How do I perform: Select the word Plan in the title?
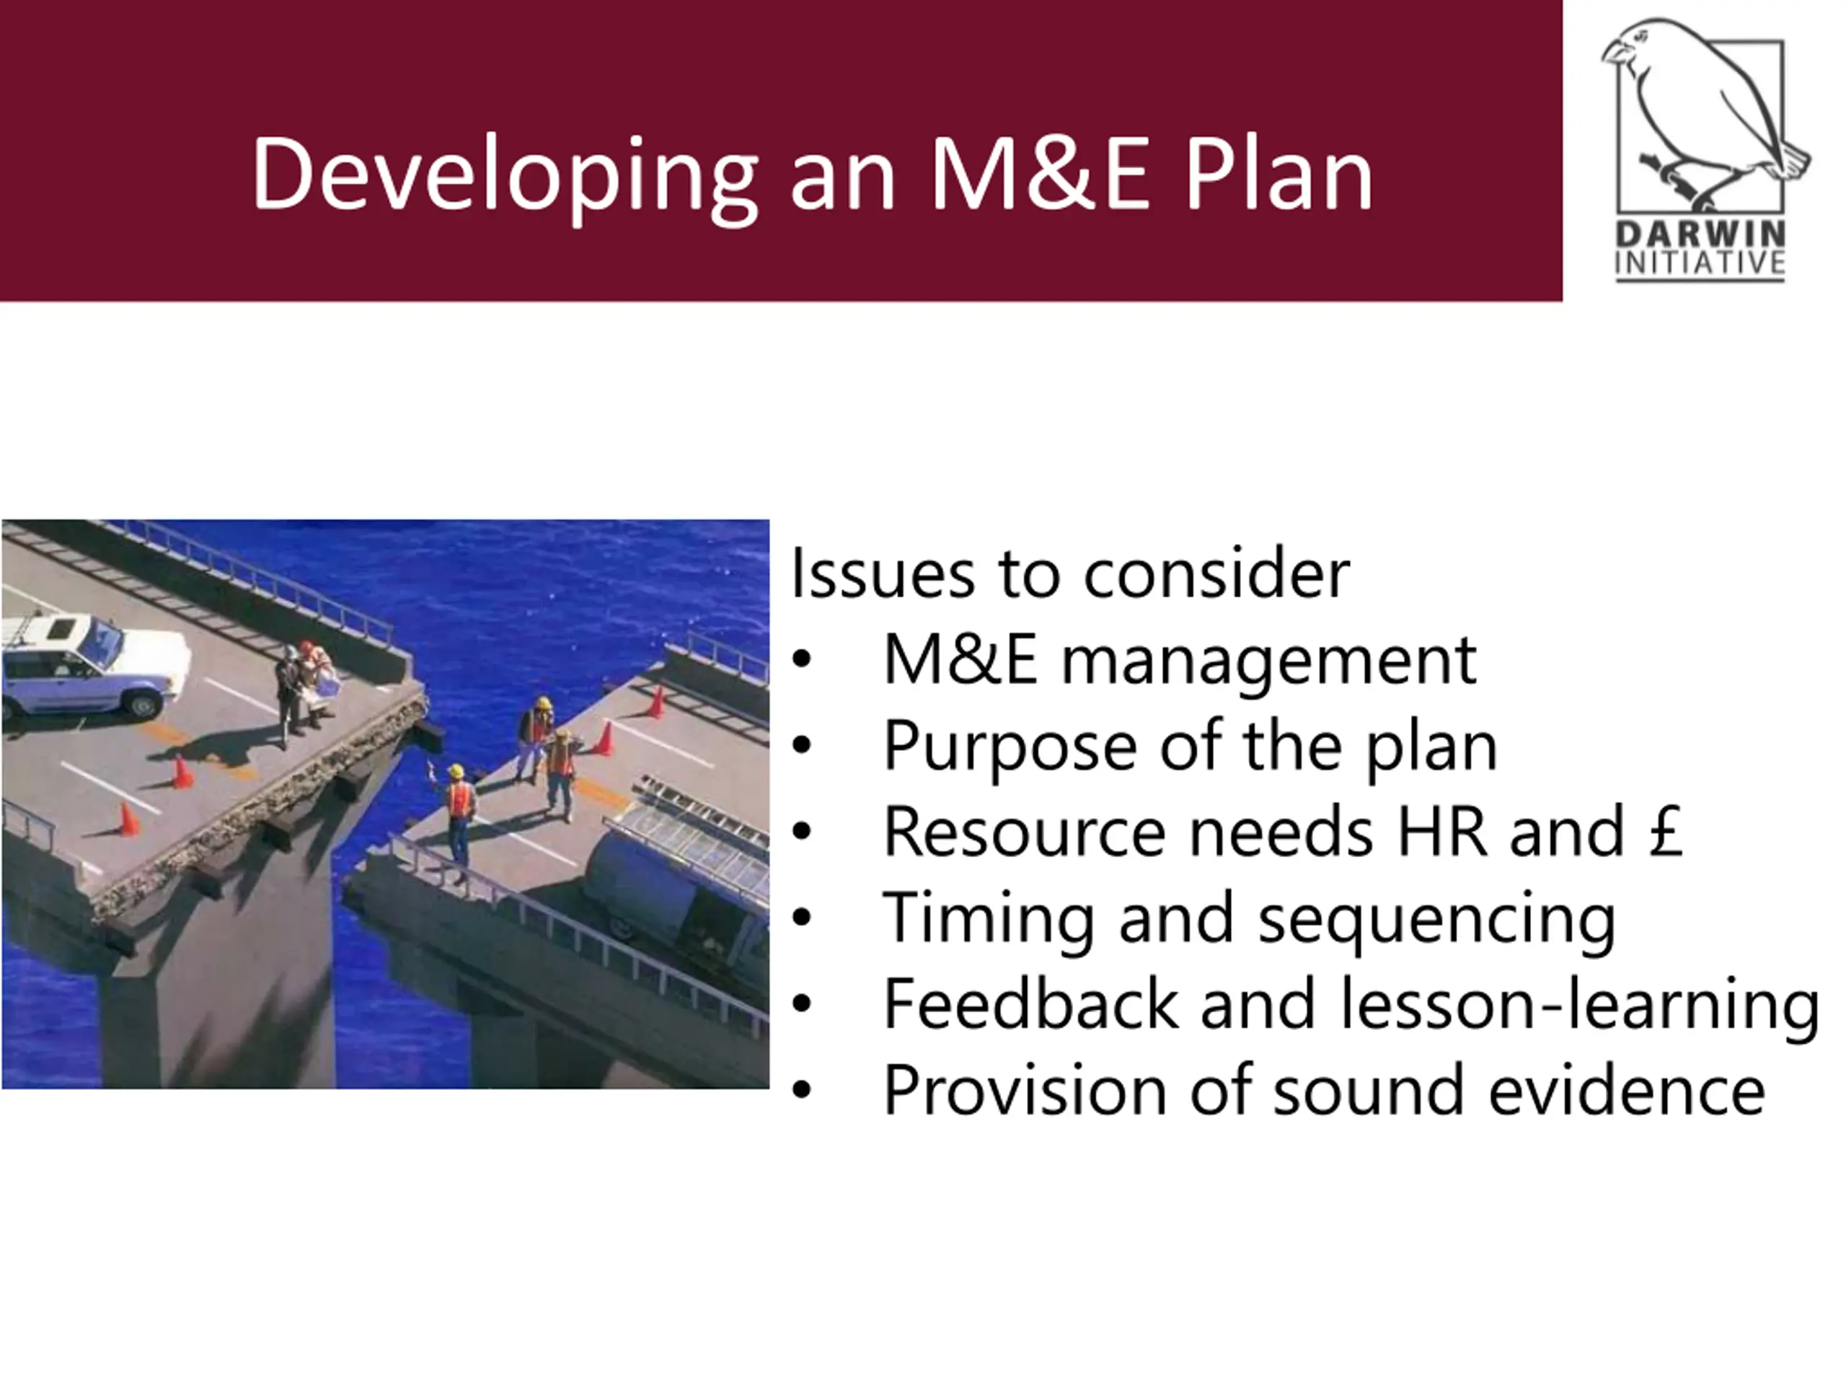[x=1278, y=174]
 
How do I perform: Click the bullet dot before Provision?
[x=802, y=1090]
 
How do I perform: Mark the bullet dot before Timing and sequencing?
[x=802, y=918]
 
